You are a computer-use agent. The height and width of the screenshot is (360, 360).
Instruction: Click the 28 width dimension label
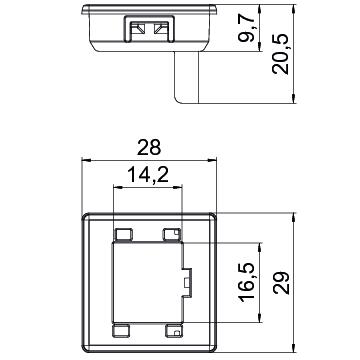149,148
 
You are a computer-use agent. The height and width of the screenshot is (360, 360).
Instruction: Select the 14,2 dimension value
148,175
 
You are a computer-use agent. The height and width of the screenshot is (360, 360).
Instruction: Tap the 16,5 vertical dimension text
247,283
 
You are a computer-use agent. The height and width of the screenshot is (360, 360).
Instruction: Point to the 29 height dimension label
281,283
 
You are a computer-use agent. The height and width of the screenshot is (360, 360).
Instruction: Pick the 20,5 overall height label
280,54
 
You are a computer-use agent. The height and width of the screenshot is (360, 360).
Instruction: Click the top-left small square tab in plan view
123,235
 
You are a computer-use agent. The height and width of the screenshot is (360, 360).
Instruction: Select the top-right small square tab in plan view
172,235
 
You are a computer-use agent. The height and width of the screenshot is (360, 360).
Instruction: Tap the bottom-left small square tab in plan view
121,330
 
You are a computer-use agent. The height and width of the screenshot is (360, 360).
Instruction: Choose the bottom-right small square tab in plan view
174,330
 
